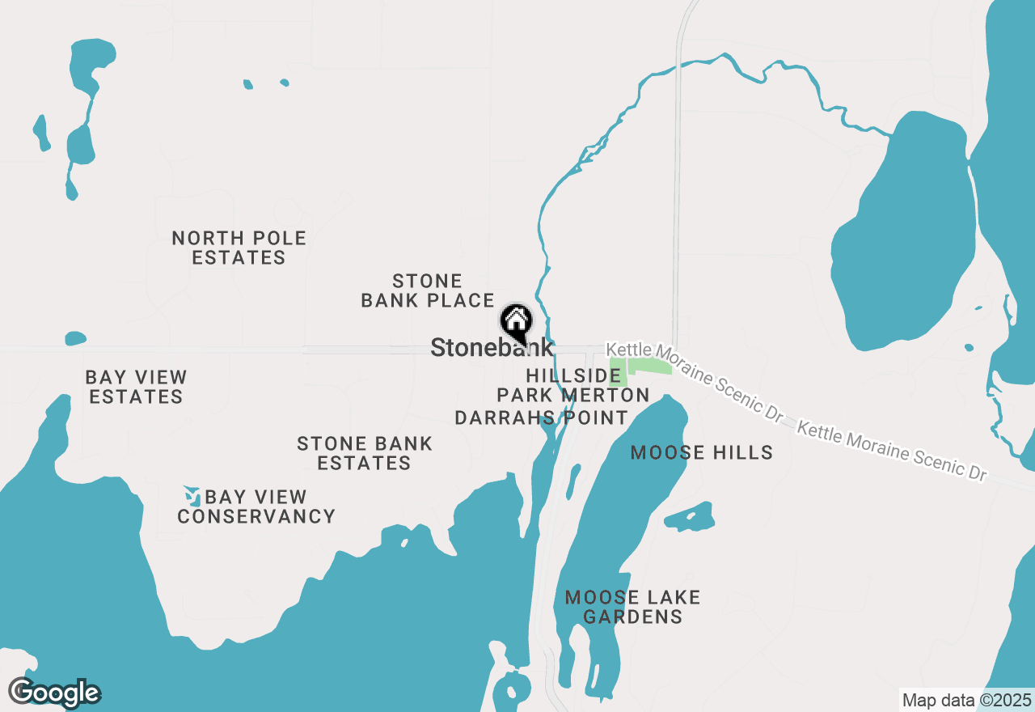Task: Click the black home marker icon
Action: pos(516,321)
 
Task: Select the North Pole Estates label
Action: pos(239,248)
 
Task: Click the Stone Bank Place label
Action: pos(427,291)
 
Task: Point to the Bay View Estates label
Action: pos(136,387)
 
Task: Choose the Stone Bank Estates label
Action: pos(364,453)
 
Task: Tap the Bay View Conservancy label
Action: pos(256,506)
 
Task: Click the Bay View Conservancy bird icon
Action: pos(192,495)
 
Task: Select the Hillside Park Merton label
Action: pos(572,385)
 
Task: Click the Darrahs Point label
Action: pos(541,417)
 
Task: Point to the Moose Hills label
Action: pos(701,452)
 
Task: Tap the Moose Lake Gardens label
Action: pos(632,607)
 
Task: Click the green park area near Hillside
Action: pos(647,367)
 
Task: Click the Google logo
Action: pos(54,693)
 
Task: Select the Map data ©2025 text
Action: pos(966,700)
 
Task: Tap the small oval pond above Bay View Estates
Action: pos(75,337)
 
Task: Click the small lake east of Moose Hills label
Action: pos(690,516)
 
